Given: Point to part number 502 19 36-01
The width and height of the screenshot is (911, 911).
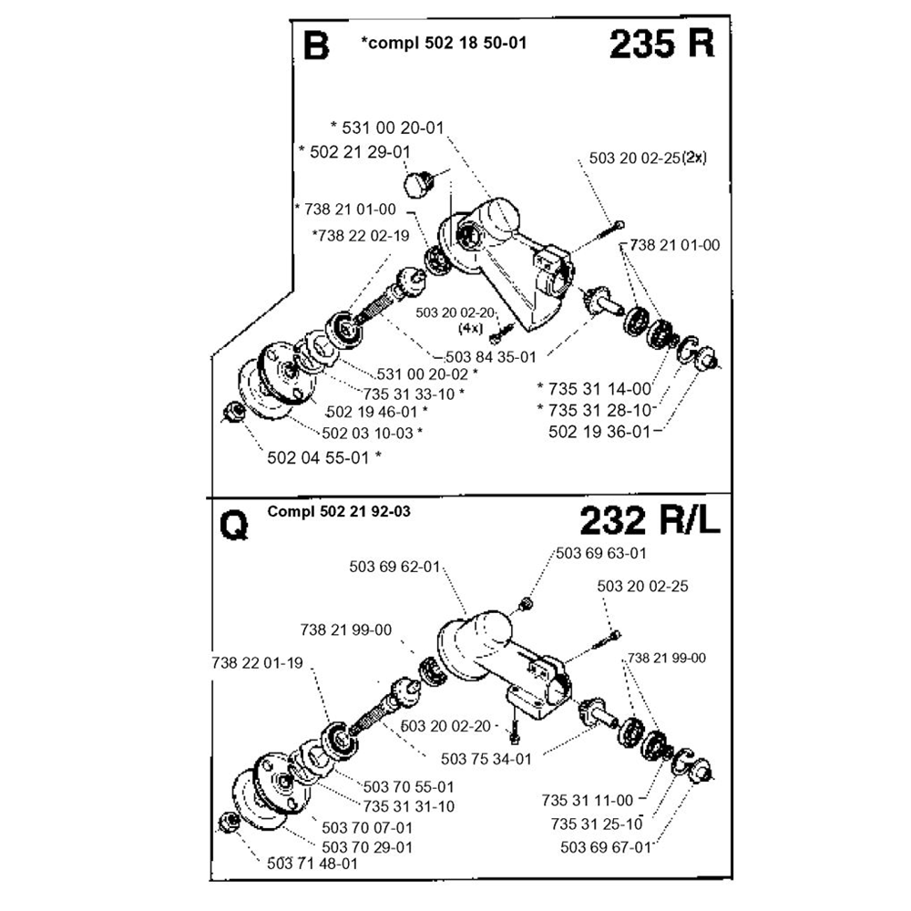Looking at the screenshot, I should click(x=599, y=431).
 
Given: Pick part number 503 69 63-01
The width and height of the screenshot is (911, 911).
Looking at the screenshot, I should click(x=601, y=552).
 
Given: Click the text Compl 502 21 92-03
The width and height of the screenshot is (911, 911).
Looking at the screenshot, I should click(x=339, y=512).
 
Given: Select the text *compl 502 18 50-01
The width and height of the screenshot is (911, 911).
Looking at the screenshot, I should click(x=444, y=43).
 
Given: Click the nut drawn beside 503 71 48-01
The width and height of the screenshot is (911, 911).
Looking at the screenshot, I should click(x=230, y=823).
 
